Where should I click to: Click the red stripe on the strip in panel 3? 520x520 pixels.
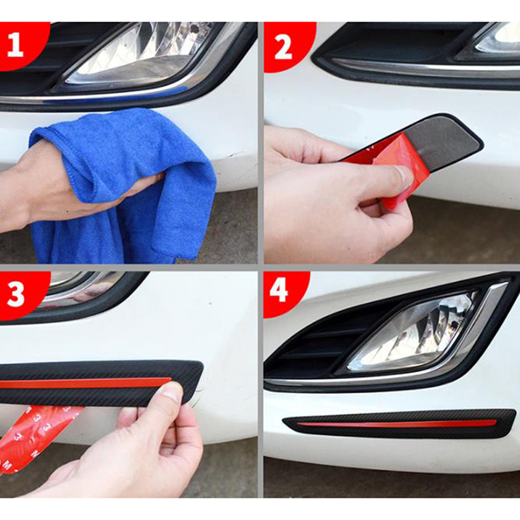click(x=86, y=383)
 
